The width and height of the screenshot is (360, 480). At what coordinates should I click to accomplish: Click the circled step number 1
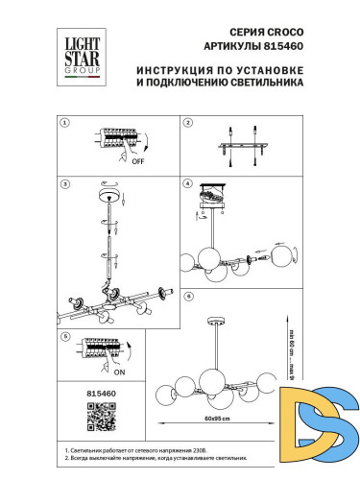[x=64, y=123]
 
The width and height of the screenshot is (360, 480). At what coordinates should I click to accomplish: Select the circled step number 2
[x=188, y=123]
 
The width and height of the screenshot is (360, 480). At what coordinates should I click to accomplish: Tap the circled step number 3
[x=64, y=182]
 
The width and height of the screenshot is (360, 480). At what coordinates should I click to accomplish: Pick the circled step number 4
[x=188, y=182]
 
